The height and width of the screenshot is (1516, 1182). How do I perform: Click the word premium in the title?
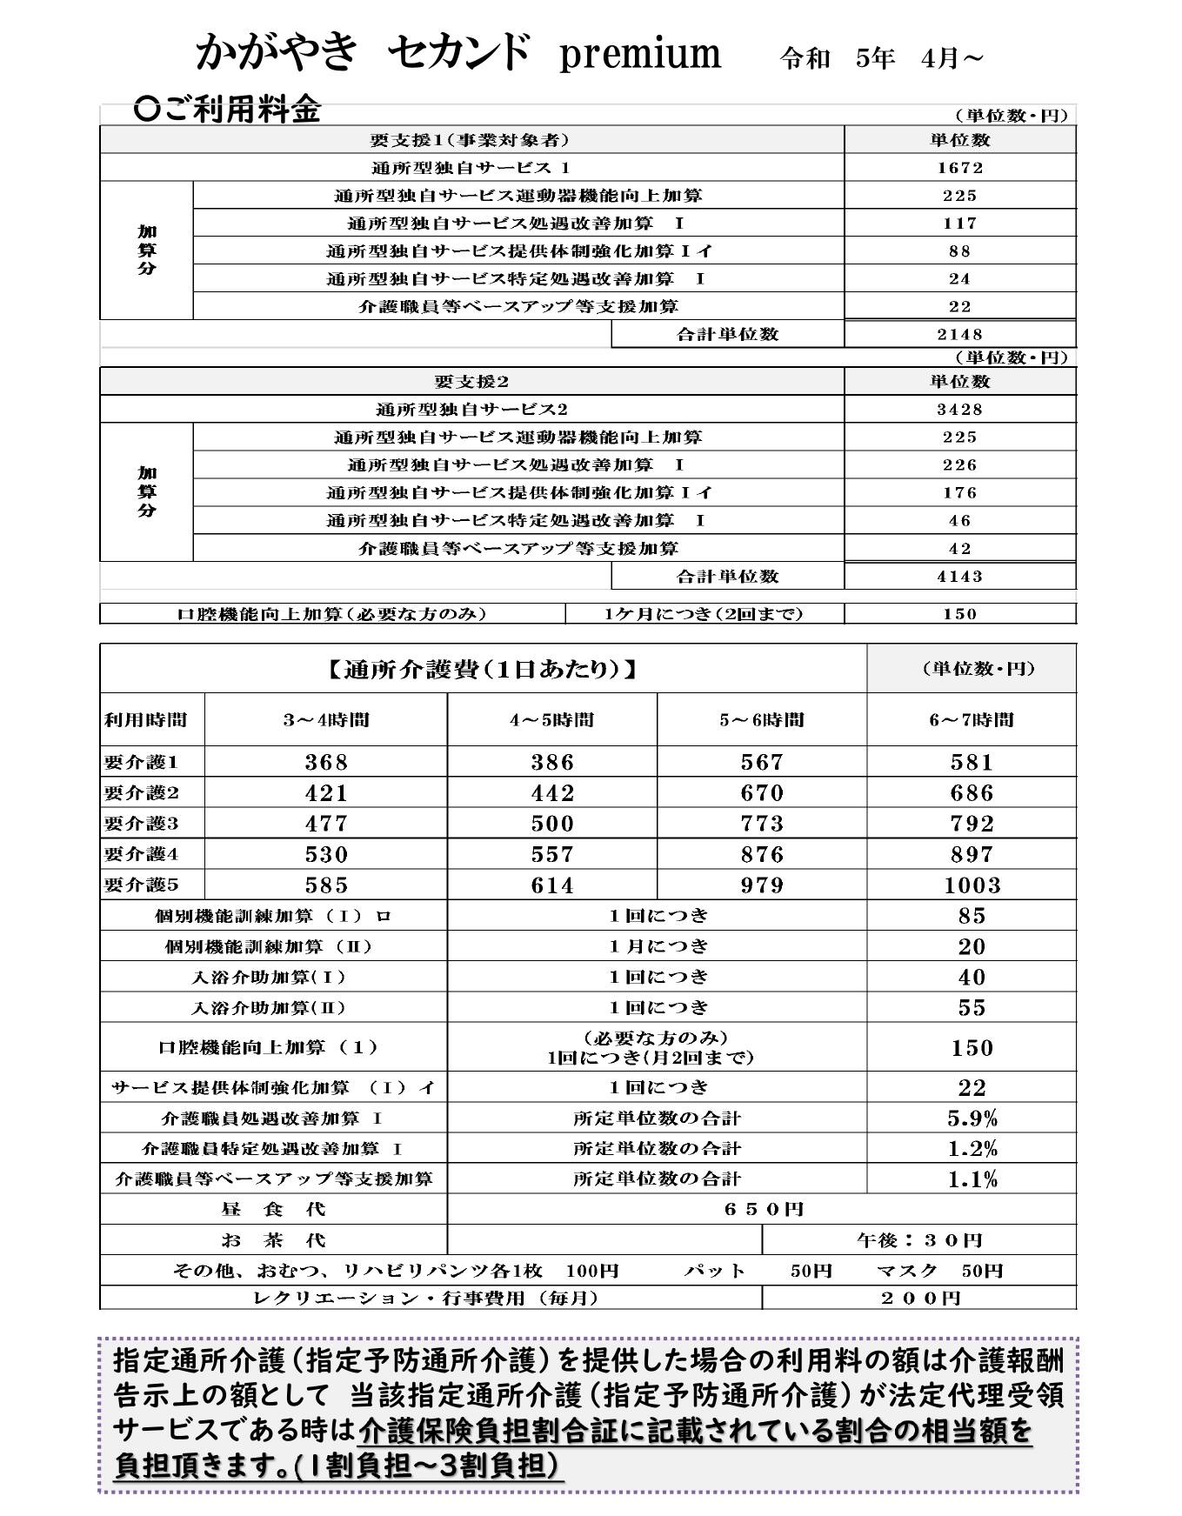tap(639, 54)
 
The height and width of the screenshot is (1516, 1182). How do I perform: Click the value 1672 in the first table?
tap(959, 168)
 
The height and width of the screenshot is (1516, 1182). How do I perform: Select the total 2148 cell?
tap(959, 335)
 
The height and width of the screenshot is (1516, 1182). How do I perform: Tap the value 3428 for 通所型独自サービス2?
tap(959, 410)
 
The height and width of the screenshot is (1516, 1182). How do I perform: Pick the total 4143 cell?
tap(959, 577)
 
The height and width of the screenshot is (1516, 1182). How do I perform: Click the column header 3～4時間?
tap(326, 720)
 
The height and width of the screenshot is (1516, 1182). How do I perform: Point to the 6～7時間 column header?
tap(971, 720)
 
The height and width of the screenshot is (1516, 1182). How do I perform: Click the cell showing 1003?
tap(972, 885)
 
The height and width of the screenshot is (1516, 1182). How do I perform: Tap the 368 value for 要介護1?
tap(326, 763)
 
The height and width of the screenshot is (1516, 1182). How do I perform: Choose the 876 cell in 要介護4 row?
tap(762, 855)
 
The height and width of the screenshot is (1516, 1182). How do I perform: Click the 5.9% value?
tap(972, 1119)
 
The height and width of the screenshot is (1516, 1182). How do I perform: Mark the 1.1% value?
tap(972, 1179)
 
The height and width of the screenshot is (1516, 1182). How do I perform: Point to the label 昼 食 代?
tap(273, 1210)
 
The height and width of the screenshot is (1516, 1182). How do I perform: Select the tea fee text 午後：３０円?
tap(919, 1240)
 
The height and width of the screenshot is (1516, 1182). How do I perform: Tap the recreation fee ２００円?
tap(919, 1299)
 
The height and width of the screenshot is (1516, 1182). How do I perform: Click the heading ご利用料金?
tap(230, 110)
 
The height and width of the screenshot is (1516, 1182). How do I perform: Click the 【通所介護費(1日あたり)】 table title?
tap(483, 670)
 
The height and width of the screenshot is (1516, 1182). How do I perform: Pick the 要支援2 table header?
tap(471, 382)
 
